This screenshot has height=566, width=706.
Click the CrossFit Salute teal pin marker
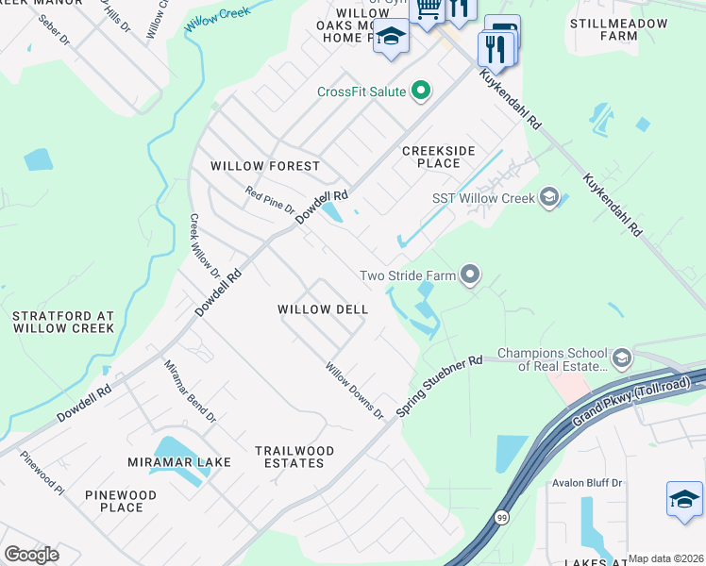click(x=421, y=92)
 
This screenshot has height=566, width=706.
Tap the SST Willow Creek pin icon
click(x=548, y=198)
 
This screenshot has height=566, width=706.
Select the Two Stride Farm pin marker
click(x=469, y=276)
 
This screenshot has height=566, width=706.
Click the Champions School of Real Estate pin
click(x=621, y=358)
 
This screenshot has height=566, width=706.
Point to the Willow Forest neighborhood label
click(x=265, y=166)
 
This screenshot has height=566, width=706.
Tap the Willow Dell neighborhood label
click(x=322, y=309)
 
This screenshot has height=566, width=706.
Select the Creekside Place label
click(x=439, y=157)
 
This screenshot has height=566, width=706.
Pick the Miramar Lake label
click(x=166, y=462)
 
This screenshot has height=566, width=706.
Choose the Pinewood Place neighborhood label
click(x=121, y=501)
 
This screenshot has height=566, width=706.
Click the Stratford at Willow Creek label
click(x=63, y=322)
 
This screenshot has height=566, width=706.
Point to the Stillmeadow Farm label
click(x=619, y=29)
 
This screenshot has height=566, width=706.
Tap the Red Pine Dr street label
click(x=270, y=200)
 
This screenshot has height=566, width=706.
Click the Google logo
click(x=31, y=555)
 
